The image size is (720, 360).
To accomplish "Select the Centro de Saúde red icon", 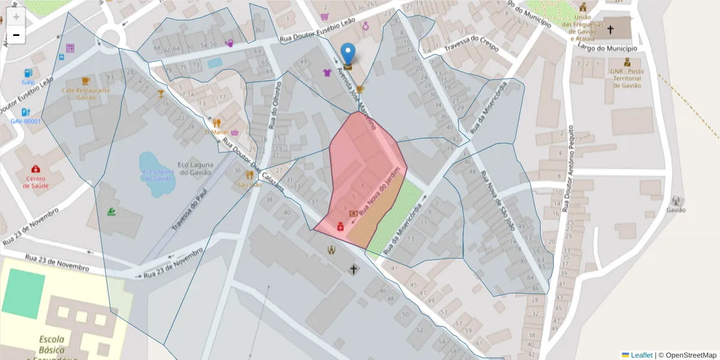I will [37, 169].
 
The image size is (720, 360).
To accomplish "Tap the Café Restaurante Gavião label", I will [86, 94].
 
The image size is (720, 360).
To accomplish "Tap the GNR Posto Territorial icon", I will [627, 62].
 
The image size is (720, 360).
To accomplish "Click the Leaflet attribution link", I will [641, 355].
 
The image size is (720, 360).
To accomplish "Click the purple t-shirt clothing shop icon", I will [327, 73].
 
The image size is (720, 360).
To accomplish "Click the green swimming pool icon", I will [112, 211].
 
